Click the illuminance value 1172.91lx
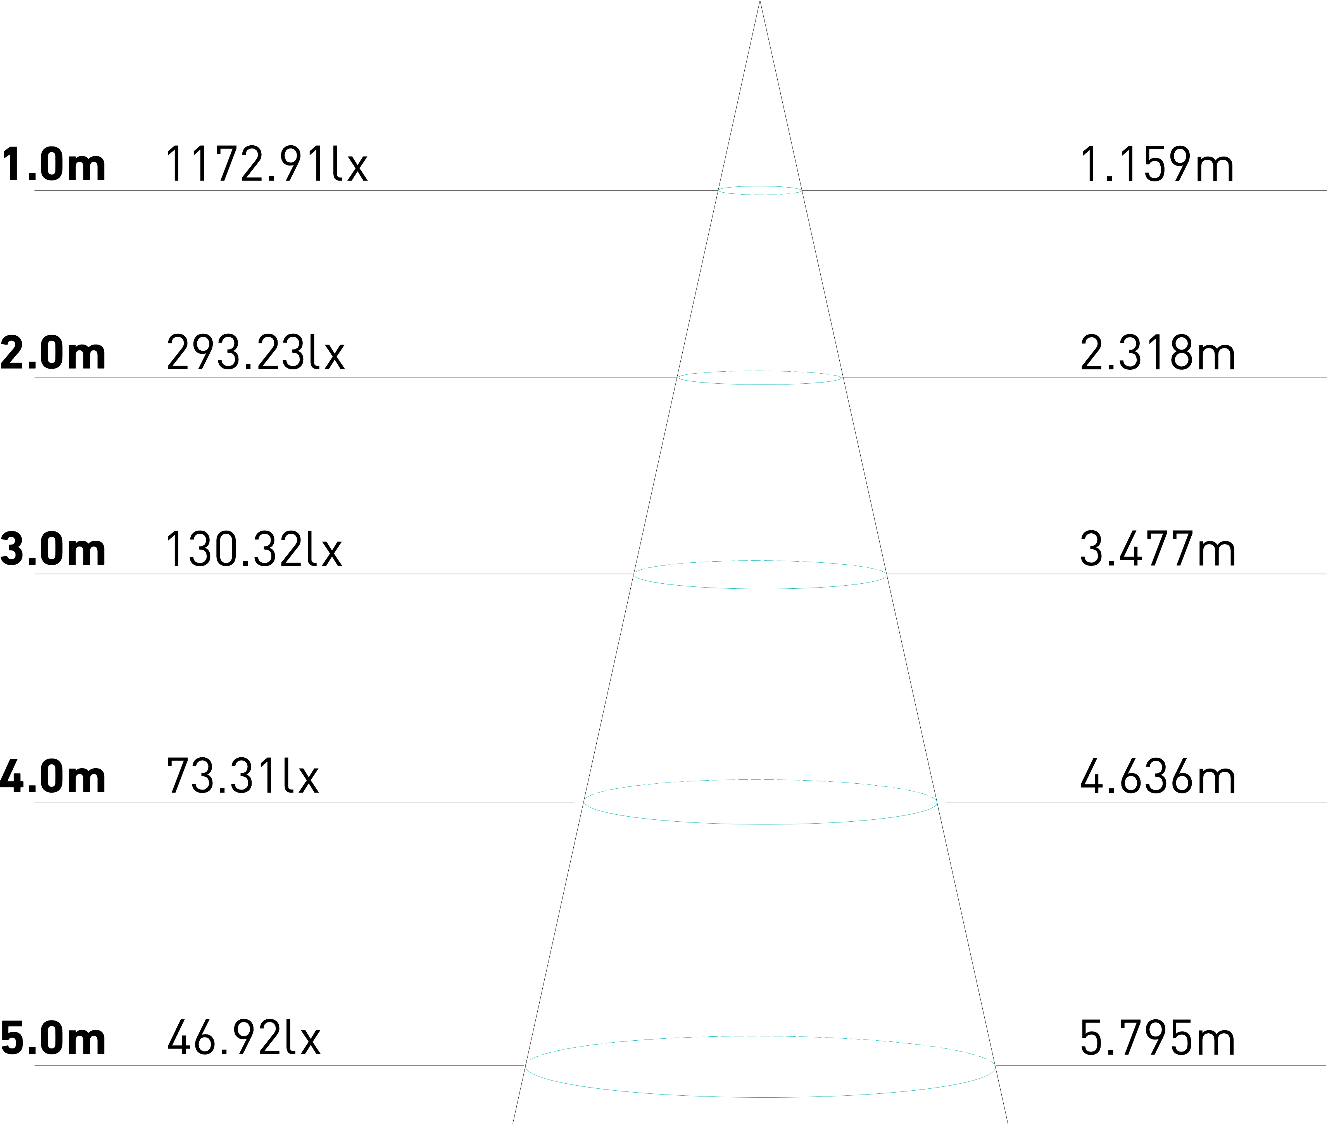pos(266,164)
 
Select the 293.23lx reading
pos(255,352)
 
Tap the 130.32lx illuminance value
pos(254,548)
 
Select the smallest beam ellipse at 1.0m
pos(760,194)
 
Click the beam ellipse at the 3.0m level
pos(760,588)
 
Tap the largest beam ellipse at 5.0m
pos(760,1096)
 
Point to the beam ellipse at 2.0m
pos(760,384)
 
